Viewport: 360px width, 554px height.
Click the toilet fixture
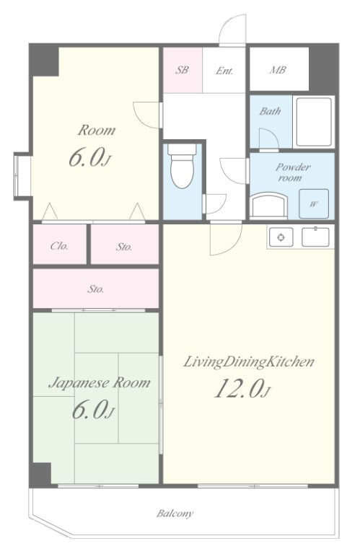click(x=182, y=165)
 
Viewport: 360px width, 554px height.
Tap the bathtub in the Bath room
click(x=314, y=122)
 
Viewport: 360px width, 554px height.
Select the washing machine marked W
click(x=314, y=204)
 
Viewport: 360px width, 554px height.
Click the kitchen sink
click(x=315, y=237)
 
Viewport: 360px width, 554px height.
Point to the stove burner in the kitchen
click(x=281, y=237)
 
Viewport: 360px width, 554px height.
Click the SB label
click(x=182, y=70)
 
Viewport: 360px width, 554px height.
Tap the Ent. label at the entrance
click(x=224, y=71)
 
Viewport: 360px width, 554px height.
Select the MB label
click(x=278, y=70)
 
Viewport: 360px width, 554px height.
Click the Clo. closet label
click(x=59, y=246)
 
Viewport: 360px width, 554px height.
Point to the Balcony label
click(x=175, y=513)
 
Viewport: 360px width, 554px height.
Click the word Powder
click(x=293, y=167)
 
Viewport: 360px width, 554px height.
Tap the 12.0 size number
click(x=239, y=388)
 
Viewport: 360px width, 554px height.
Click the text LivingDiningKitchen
click(x=249, y=362)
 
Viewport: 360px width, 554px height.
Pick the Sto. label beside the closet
click(x=124, y=247)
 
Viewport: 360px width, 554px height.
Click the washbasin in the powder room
click(x=268, y=206)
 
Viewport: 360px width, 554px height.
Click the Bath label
click(x=270, y=111)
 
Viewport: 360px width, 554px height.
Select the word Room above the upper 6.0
click(x=97, y=131)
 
